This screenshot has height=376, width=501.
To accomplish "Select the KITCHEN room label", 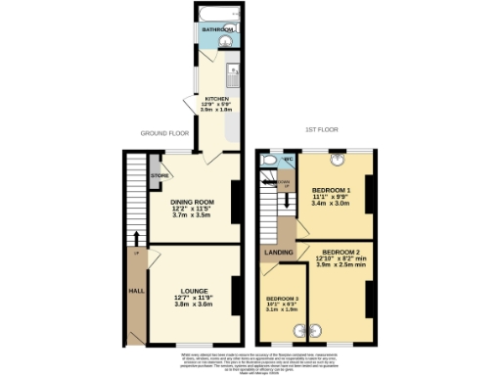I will tap(215, 99).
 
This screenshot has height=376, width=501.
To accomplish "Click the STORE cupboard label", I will tap(159, 176).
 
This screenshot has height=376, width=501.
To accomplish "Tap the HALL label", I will tap(135, 291).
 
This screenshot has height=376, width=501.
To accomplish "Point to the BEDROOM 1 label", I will tap(331, 189).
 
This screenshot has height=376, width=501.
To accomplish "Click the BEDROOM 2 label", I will tap(342, 251).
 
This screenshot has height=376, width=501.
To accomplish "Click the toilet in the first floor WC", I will tap(270, 158).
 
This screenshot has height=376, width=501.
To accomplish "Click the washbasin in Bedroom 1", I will tap(338, 159).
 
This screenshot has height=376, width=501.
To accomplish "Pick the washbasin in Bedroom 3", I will tap(298, 330).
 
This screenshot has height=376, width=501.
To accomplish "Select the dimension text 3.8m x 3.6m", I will tap(194, 305).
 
